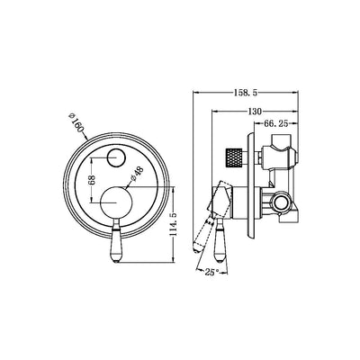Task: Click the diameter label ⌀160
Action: (76, 120)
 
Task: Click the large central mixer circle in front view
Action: (114, 201)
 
